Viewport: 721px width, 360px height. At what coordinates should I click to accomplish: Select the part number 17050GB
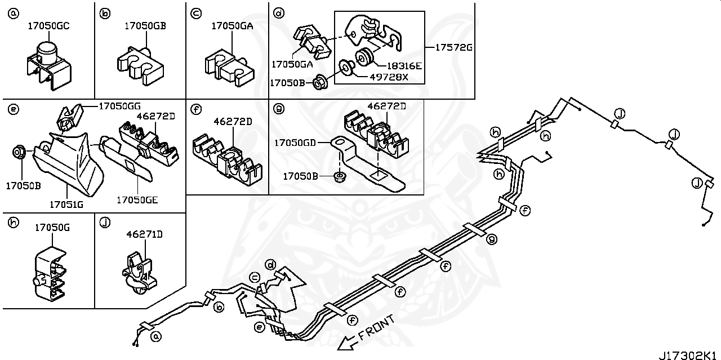(145, 26)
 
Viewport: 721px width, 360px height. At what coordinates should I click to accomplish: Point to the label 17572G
(453, 48)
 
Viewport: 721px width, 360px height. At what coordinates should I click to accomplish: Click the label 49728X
(389, 77)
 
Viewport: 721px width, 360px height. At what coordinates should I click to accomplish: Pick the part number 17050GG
(119, 106)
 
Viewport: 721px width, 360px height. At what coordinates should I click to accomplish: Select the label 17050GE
(137, 199)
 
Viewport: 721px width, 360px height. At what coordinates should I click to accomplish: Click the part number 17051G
(66, 205)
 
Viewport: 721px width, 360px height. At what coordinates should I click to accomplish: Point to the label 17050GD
(295, 143)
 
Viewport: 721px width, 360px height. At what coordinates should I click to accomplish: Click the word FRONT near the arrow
(375, 328)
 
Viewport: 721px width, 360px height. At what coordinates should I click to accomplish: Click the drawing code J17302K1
(688, 355)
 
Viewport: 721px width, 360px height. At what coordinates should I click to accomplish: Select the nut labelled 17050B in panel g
(340, 177)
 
